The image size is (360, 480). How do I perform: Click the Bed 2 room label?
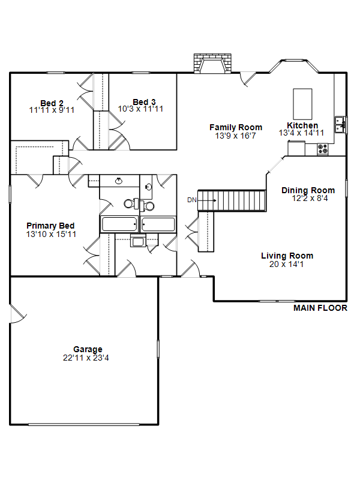[x=52, y=103]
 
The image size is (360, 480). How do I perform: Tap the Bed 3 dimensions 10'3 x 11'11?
[x=140, y=109]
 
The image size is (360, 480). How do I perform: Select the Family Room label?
[x=236, y=127]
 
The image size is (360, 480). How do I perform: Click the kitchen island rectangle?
[x=302, y=104]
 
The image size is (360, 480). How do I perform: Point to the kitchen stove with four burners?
[x=322, y=149]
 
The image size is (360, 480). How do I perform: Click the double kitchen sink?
[x=340, y=125]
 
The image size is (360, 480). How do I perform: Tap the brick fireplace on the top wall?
[x=212, y=64]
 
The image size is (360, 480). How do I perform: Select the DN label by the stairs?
[x=191, y=200]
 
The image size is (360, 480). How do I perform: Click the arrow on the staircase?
[x=207, y=200]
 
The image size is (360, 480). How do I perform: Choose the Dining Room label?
[x=308, y=190]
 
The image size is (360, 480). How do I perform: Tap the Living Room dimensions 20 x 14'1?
[x=287, y=264]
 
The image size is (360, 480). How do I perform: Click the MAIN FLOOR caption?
[x=320, y=308]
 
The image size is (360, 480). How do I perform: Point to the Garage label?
[x=88, y=349]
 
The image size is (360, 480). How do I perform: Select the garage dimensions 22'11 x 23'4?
[x=86, y=358]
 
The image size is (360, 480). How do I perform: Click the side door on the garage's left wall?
[x=18, y=313]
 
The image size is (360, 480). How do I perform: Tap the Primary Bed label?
[x=50, y=226]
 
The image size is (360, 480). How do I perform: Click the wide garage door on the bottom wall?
[x=83, y=425]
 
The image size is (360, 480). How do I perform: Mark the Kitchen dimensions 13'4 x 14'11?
[x=301, y=133]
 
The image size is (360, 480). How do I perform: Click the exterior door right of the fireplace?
[x=247, y=79]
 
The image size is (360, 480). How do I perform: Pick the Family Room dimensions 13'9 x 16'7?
[x=235, y=136]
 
